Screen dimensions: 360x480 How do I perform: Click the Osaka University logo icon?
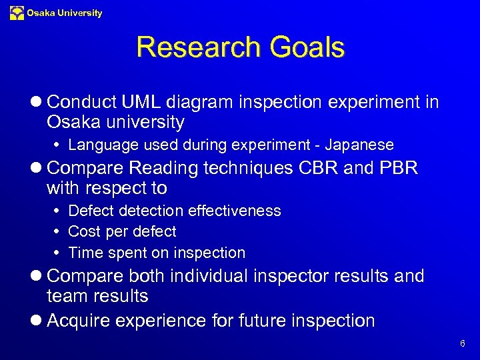(x=17, y=13)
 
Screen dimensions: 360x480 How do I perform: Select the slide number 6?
(x=462, y=344)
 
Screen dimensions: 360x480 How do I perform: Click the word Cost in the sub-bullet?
(x=85, y=231)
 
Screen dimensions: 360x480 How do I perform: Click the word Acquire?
(x=81, y=321)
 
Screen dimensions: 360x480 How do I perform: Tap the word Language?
(x=98, y=145)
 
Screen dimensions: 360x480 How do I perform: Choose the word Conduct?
(x=82, y=102)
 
